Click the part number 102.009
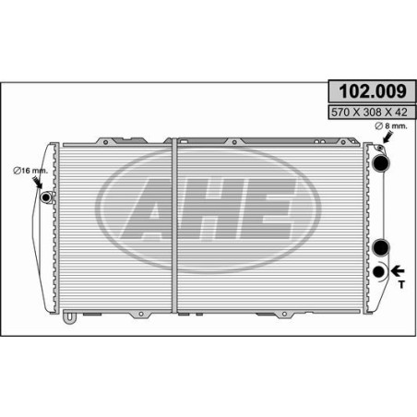pos(373,91)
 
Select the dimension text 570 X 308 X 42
pos(369,113)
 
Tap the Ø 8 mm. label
pos(391,125)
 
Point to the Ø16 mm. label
pos(30,171)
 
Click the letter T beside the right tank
pos(401,284)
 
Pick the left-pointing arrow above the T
pos(398,271)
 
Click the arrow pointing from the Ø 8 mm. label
pos(387,137)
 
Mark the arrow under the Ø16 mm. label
pos(38,182)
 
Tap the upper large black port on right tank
pos(381,162)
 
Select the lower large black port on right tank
pos(381,247)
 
